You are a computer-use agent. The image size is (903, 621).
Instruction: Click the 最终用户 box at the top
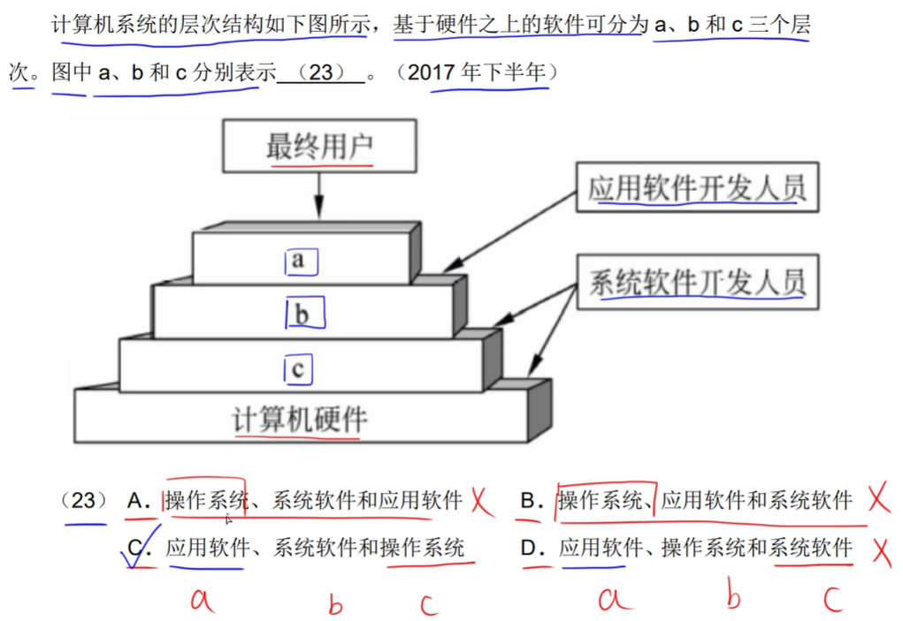319,146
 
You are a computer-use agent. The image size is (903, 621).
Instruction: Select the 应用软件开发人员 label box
697,187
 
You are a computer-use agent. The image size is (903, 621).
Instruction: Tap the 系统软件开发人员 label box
697,283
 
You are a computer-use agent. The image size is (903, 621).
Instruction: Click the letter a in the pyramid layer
299,260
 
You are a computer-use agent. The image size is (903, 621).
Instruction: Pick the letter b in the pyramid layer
302,314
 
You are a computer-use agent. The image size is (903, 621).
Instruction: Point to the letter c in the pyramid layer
298,368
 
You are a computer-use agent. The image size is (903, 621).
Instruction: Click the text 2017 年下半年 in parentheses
478,73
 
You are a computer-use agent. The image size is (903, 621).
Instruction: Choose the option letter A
137,501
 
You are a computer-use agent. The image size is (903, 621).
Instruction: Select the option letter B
531,501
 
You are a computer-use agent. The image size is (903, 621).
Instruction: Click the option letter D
531,549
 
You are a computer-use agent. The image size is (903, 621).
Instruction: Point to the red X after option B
876,500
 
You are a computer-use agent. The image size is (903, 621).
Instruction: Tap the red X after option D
880,551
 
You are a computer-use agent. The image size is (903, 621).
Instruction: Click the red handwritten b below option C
335,604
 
